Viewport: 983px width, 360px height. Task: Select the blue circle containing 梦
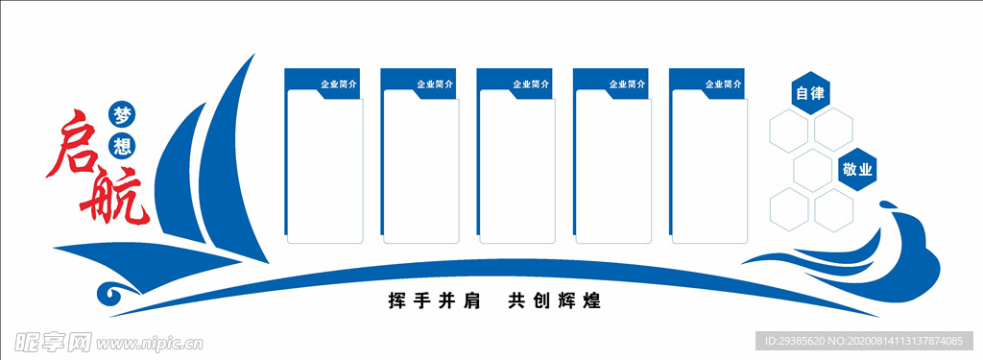tap(122, 113)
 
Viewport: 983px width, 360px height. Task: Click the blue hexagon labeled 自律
tap(810, 93)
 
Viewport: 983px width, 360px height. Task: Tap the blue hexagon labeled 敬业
tap(856, 170)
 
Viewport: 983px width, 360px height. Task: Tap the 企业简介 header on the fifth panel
tap(723, 84)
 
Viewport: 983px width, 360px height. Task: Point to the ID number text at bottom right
tap(864, 341)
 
